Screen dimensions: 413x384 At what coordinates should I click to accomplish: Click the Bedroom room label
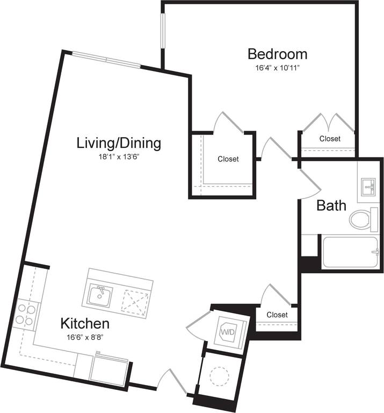coord(277,54)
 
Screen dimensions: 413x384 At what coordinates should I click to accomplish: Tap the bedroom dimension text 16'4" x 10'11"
coord(277,68)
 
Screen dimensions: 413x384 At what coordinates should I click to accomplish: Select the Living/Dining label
coord(119,143)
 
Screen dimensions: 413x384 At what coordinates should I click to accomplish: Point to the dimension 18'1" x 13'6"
coord(119,157)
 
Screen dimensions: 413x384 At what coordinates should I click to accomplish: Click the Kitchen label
coord(85,324)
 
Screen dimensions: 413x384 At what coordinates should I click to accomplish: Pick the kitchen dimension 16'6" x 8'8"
coord(85,338)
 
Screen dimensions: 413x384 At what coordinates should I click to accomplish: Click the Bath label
coord(331,205)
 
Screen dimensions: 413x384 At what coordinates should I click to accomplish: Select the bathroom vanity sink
coord(369,187)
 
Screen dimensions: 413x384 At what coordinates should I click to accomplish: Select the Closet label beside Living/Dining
coord(228,159)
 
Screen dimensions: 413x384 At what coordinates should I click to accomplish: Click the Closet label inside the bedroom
coord(330,139)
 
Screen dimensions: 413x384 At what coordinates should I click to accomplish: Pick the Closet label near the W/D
coord(277,315)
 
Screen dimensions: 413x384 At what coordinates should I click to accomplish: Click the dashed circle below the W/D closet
coord(220,376)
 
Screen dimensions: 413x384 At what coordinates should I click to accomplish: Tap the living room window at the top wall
coord(106,60)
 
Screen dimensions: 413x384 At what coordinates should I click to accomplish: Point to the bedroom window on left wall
coord(162,32)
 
